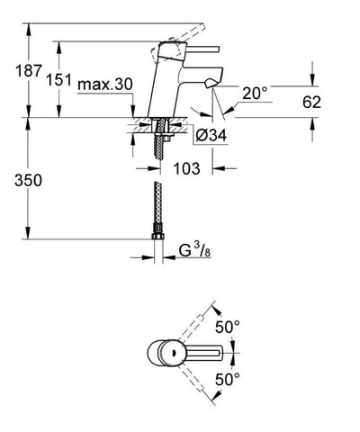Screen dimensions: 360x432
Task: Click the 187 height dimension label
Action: click(28, 71)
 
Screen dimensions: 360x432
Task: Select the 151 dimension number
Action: click(58, 80)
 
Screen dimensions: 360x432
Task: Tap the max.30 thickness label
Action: click(104, 85)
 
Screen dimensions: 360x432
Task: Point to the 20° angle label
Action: click(255, 94)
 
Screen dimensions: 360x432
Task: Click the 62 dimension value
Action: click(311, 102)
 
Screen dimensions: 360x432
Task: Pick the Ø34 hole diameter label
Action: click(211, 136)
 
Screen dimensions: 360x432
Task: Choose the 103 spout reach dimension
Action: click(186, 168)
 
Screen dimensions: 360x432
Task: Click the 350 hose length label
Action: click(28, 181)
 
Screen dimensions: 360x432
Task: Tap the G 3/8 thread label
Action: click(194, 251)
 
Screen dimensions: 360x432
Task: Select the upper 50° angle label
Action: click(228, 327)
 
